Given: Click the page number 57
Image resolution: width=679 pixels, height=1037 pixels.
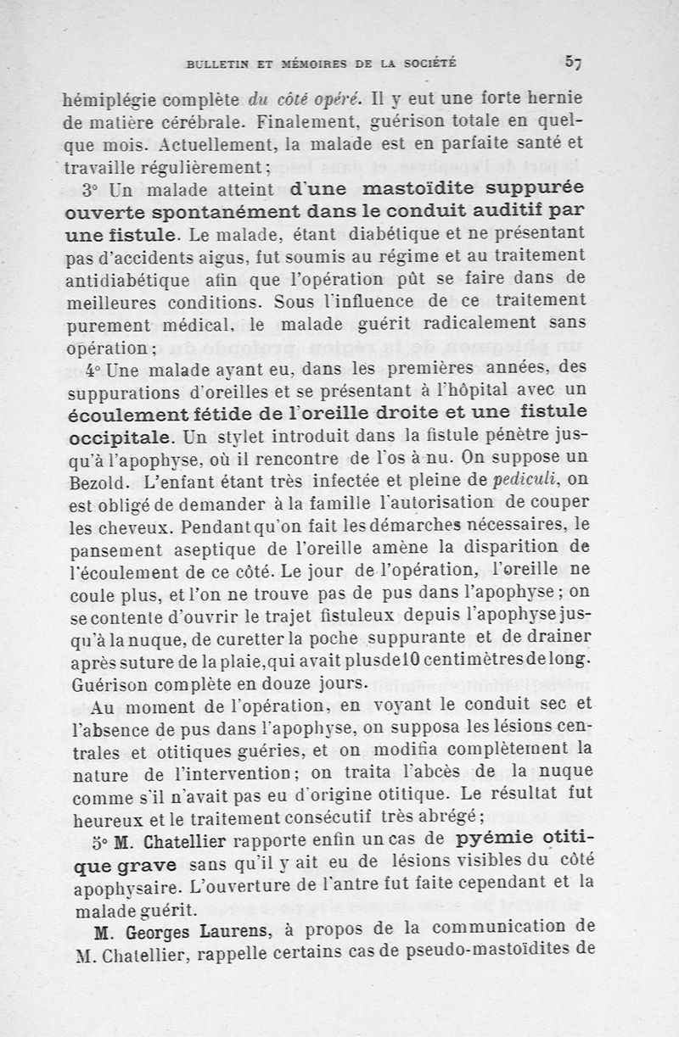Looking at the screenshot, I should (573, 60).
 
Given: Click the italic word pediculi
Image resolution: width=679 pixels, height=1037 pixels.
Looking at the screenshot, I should (532, 482).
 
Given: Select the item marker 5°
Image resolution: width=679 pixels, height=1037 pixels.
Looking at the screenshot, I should (98, 843).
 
